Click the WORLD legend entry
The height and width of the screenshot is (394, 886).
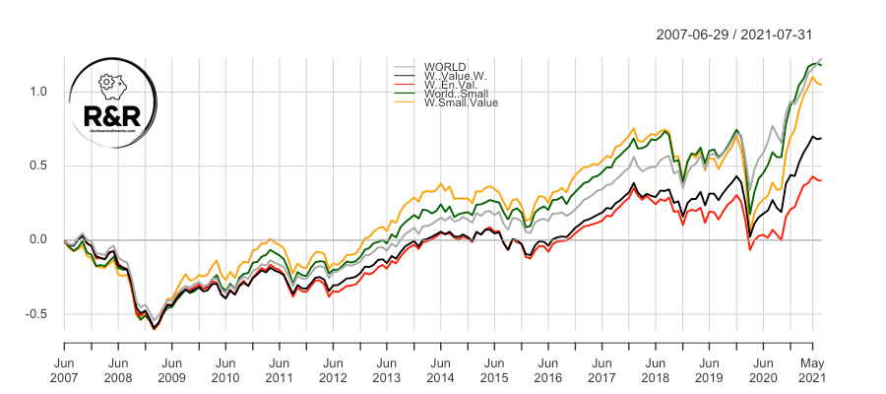pos(445,67)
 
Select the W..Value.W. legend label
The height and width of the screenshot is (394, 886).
pos(455,76)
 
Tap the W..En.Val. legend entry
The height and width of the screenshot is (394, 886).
pos(451,85)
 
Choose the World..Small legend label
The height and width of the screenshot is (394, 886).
pos(454,94)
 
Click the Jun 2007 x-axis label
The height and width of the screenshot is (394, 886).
pos(64,368)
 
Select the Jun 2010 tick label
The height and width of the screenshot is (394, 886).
pos(224,368)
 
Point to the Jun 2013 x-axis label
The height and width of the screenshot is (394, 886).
pos(386,368)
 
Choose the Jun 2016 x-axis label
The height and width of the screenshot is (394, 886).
pos(547,368)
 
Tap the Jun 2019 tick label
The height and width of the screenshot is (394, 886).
pos(708,368)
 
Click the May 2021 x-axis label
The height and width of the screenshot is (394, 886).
pos(811,368)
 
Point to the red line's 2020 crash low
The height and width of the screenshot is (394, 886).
pos(750,250)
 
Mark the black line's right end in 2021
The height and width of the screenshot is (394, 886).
pos(821,138)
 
